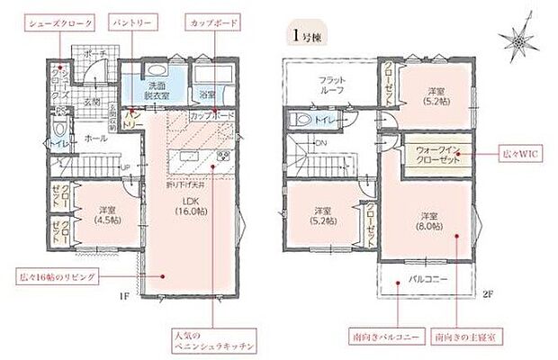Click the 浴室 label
tap(207, 93)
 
